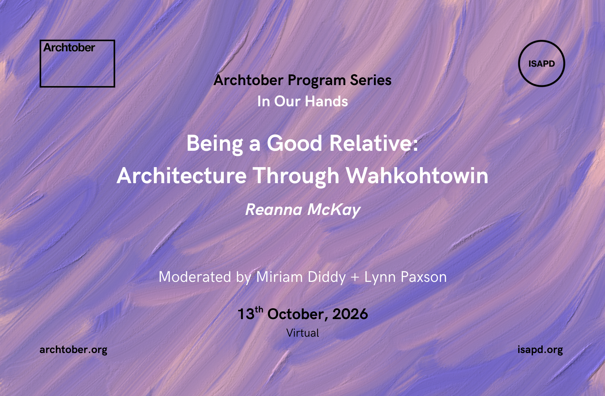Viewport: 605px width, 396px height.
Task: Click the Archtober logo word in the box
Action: click(x=69, y=48)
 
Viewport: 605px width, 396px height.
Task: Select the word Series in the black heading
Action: click(x=371, y=80)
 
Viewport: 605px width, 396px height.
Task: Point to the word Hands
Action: click(x=326, y=101)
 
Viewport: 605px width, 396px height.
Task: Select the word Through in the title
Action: click(x=296, y=176)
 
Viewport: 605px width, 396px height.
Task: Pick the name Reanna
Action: click(x=274, y=210)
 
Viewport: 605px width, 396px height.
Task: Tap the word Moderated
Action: click(x=195, y=277)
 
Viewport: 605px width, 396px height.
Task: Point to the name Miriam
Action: click(x=280, y=277)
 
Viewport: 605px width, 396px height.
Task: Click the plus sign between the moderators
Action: click(x=355, y=278)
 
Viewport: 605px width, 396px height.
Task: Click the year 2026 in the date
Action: click(x=350, y=314)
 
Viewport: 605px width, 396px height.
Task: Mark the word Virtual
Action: click(x=303, y=333)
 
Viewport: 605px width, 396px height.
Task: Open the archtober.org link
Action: click(x=74, y=350)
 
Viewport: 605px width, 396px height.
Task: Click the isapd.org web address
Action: click(x=540, y=350)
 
